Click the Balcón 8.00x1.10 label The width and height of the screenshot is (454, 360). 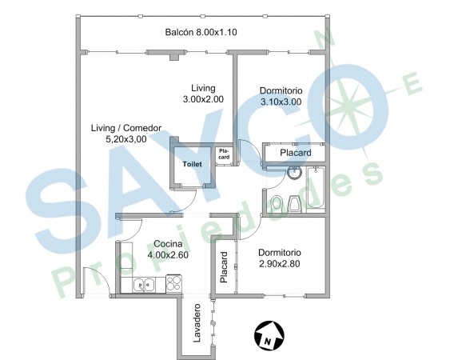pyautogui.click(x=201, y=32)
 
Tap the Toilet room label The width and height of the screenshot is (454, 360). pyautogui.click(x=193, y=164)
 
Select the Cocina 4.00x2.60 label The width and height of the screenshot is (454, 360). pyautogui.click(x=168, y=250)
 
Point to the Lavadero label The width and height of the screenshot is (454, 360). pyautogui.click(x=197, y=323)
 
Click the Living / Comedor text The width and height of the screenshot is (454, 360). pyautogui.click(x=126, y=128)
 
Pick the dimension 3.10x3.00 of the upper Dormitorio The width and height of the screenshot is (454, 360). pyautogui.click(x=281, y=102)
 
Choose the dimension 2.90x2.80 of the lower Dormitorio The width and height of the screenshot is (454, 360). pyautogui.click(x=280, y=264)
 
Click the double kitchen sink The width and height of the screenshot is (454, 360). pyautogui.click(x=144, y=284)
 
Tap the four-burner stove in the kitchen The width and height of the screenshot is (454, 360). pyautogui.click(x=173, y=283)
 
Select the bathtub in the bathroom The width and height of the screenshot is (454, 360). pyautogui.click(x=315, y=187)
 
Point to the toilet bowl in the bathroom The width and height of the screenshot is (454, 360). pyautogui.click(x=277, y=204)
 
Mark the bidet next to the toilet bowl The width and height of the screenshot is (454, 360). pyautogui.click(x=295, y=204)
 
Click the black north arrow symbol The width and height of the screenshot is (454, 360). pyautogui.click(x=269, y=335)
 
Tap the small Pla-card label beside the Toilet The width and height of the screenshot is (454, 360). pyautogui.click(x=224, y=154)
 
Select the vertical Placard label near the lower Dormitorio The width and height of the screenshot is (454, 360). pyautogui.click(x=224, y=267)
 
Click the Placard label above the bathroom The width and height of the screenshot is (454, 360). pyautogui.click(x=295, y=153)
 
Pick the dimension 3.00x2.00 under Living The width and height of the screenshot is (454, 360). pyautogui.click(x=203, y=99)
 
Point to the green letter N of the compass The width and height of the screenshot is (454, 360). pyautogui.click(x=326, y=38)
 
